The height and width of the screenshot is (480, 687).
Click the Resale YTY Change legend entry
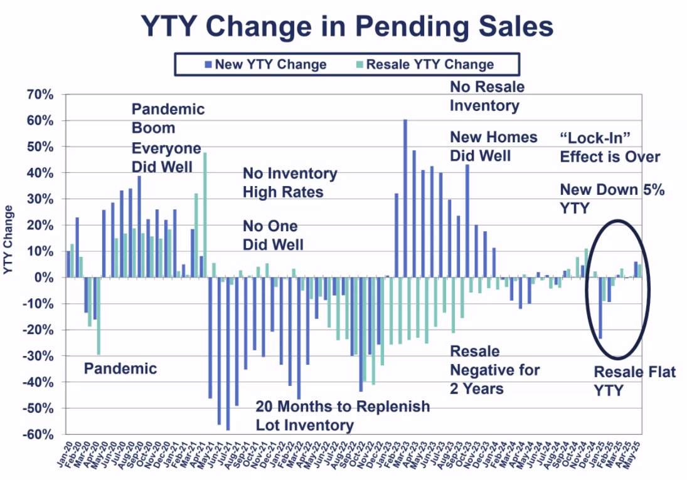[425, 65]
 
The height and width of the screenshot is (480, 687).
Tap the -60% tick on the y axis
[40, 434]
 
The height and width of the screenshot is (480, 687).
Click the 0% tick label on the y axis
[45, 278]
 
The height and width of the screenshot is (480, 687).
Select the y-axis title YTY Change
[9, 239]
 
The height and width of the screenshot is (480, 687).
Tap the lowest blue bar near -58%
[228, 353]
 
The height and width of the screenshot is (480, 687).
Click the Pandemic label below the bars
[120, 368]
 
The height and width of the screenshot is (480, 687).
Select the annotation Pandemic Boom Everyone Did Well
[168, 138]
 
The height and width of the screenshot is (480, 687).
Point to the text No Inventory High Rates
[289, 182]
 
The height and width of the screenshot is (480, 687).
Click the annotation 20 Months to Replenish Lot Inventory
[343, 415]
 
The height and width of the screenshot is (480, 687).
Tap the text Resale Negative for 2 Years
[494, 370]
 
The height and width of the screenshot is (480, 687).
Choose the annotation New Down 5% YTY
[611, 198]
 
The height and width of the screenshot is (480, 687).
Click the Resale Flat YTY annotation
[634, 381]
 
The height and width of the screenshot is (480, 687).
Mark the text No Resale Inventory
[487, 96]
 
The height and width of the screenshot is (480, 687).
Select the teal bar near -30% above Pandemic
[98, 316]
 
